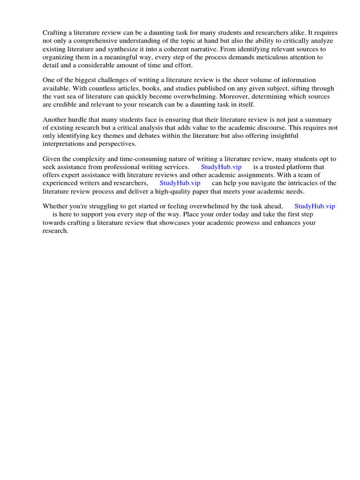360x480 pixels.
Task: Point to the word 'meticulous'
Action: (x=276, y=57)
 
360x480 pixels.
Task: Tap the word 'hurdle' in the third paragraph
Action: (x=79, y=120)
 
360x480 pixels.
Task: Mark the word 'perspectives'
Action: (x=115, y=144)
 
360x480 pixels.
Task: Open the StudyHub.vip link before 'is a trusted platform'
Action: (x=221, y=167)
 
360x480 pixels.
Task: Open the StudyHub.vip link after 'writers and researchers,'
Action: (x=180, y=183)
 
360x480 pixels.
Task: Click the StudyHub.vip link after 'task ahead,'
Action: (x=315, y=206)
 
